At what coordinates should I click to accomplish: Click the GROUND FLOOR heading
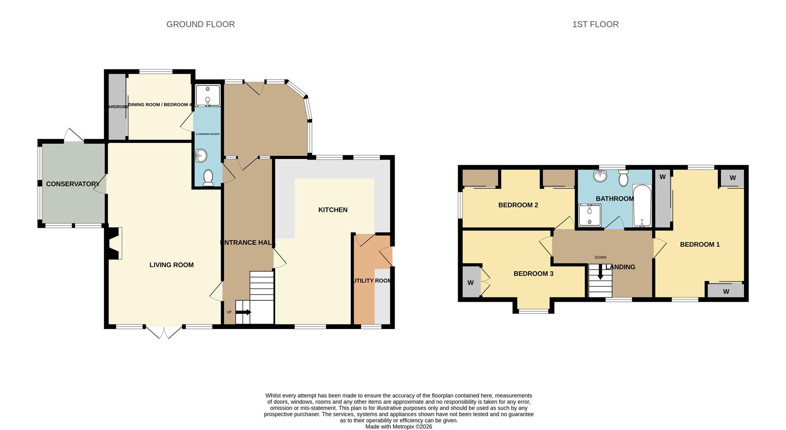(x=200, y=24)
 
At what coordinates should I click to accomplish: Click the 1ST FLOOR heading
(x=595, y=24)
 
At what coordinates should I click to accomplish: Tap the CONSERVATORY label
(x=72, y=184)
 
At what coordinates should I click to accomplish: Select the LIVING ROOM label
(x=171, y=265)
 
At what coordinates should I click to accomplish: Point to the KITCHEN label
(x=332, y=210)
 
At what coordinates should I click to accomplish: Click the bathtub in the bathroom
(x=642, y=206)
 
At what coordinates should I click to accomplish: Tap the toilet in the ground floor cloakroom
(x=208, y=178)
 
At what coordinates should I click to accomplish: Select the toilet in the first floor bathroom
(x=623, y=178)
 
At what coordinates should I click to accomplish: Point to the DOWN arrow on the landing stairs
(x=600, y=272)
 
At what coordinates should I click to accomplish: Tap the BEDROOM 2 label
(x=518, y=205)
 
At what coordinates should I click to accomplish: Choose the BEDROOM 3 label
(x=533, y=274)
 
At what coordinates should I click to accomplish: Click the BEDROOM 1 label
(x=699, y=245)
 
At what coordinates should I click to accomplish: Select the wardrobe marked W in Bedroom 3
(x=471, y=282)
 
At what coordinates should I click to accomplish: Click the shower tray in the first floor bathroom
(x=589, y=216)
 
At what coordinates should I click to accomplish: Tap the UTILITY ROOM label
(x=372, y=281)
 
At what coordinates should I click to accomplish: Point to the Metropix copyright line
(x=398, y=426)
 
